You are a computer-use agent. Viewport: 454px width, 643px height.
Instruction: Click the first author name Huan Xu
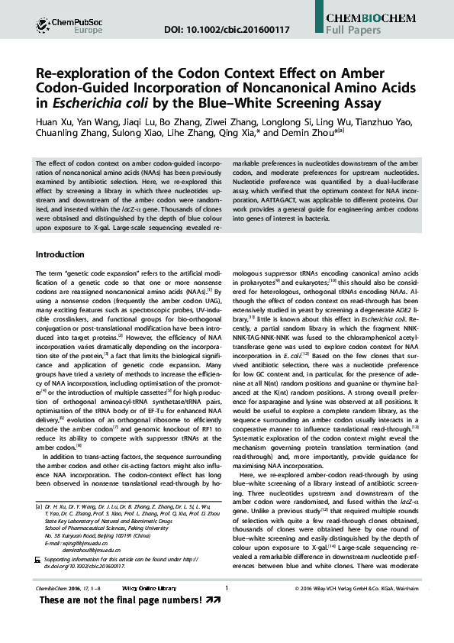[x=55, y=122]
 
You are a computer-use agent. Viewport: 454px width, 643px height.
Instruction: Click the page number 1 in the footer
[x=227, y=609]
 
